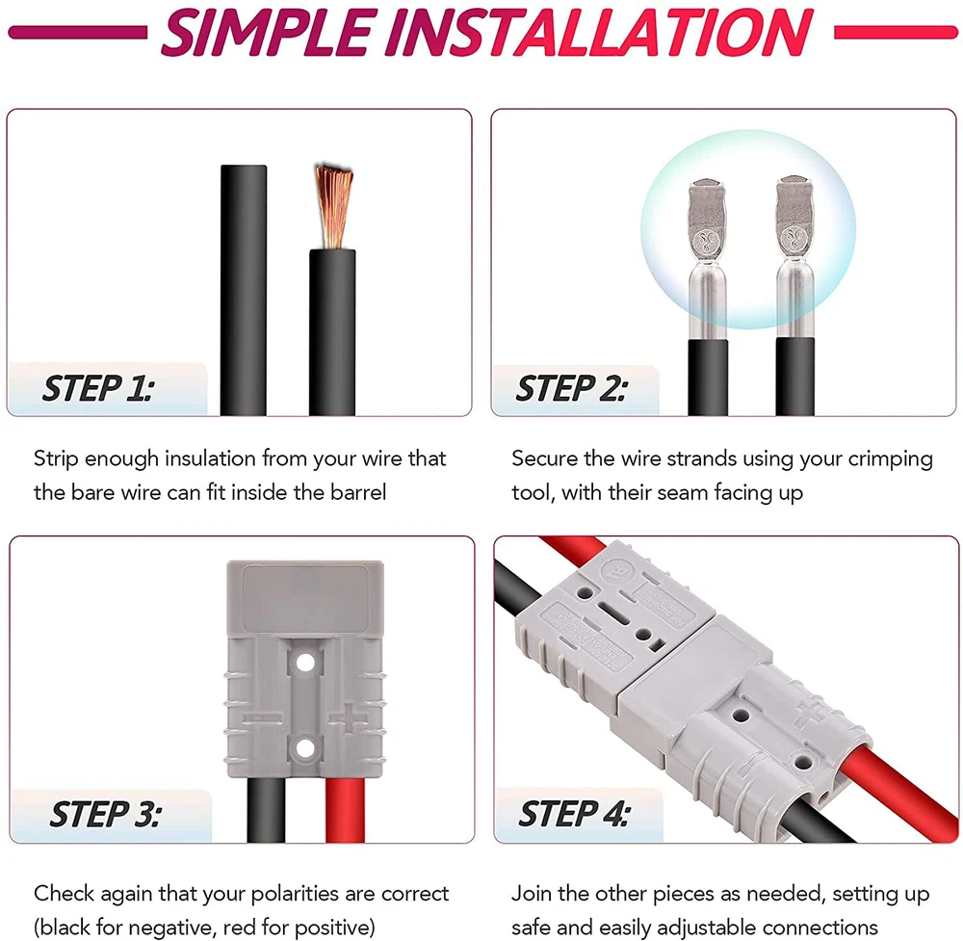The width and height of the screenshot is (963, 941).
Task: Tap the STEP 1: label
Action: tap(98, 389)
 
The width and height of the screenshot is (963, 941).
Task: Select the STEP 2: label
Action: tap(572, 389)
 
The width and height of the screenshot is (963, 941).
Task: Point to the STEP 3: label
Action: tap(106, 815)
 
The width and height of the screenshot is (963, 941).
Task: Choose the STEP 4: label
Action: tap(574, 814)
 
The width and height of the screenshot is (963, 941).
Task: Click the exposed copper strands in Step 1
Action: tap(333, 206)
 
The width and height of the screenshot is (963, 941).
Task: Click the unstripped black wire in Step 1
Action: tap(244, 290)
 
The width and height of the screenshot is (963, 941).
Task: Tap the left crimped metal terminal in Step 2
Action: tap(708, 258)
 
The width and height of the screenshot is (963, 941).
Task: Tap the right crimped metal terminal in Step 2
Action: tap(795, 257)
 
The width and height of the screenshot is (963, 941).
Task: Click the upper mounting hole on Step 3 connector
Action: tap(305, 663)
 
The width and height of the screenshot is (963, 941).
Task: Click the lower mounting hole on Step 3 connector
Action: tap(305, 748)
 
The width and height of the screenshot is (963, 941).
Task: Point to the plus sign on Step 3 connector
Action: tap(349, 719)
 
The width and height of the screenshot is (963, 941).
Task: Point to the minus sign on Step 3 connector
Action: tap(262, 718)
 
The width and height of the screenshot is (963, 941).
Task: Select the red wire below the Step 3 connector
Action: tap(345, 810)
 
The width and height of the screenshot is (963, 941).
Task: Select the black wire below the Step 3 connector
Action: tap(266, 810)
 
